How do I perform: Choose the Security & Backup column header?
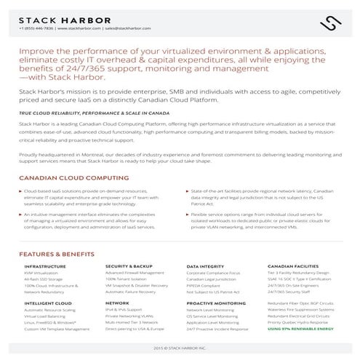(129, 267)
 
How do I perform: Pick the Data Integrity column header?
(205, 267)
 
